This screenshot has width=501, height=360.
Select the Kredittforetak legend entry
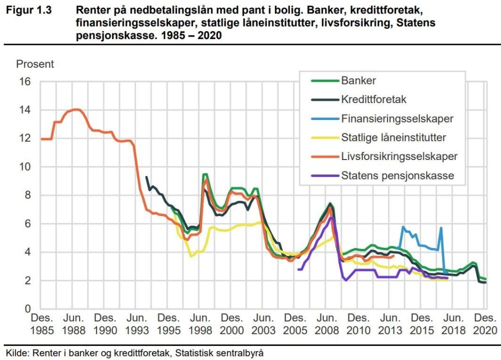373,99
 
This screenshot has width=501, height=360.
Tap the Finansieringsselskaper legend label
397,119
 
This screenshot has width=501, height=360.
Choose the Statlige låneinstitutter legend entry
393,137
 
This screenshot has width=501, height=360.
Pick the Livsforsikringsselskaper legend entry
399,156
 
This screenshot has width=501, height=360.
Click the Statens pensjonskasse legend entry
397,175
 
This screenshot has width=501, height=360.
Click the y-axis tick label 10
24,167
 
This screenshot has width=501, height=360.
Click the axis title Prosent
35,64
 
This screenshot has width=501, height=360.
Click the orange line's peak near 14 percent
76,109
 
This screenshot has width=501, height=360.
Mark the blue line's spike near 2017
441,228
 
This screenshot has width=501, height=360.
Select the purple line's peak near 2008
331,217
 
